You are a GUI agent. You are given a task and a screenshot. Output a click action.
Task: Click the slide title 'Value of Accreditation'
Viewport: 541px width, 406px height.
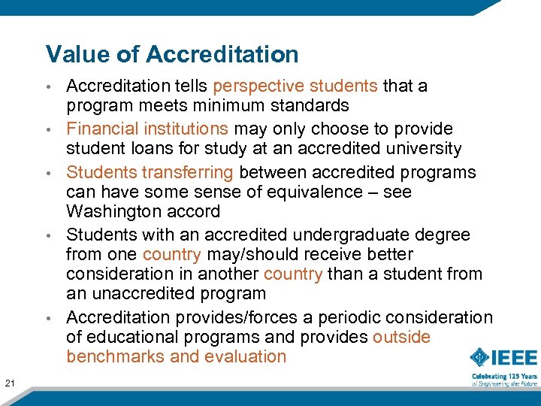pos(172,54)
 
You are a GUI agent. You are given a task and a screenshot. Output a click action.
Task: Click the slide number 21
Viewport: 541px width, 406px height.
pos(11,363)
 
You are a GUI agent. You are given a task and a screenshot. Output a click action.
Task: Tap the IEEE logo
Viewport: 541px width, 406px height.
pos(504,357)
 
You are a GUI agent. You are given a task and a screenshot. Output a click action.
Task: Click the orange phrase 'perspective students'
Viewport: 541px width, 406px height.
pos(296,86)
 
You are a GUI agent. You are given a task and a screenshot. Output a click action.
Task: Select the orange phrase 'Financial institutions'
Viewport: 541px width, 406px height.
pos(147,129)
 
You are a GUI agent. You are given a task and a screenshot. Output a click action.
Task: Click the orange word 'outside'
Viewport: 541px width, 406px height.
pos(401,337)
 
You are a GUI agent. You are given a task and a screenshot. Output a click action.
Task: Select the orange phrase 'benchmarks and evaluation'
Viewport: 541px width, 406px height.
pos(177,356)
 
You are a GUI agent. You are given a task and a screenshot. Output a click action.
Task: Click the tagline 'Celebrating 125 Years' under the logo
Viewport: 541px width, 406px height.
pos(504,375)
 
